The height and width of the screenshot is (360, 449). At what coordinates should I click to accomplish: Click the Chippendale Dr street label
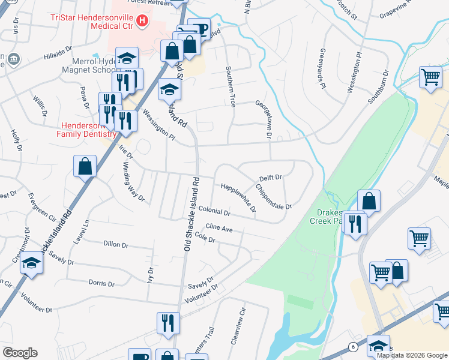pos(273,196)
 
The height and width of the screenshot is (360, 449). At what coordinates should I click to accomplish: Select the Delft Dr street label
pos(270,178)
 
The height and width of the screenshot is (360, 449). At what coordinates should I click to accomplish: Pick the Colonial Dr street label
pos(214,211)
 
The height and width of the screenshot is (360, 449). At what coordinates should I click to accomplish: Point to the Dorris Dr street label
pos(101,283)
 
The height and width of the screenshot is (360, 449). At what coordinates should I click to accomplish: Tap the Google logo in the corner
pos(20,353)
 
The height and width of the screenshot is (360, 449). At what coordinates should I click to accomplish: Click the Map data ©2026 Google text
pos(412,355)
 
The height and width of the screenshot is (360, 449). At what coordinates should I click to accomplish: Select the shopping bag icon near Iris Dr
pos(85,166)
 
